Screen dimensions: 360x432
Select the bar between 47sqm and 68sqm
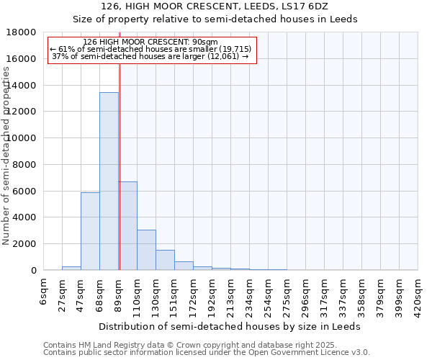pos(90,231)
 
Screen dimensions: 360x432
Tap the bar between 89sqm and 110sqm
pos(127,226)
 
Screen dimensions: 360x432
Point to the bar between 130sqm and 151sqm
pos(165,260)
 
